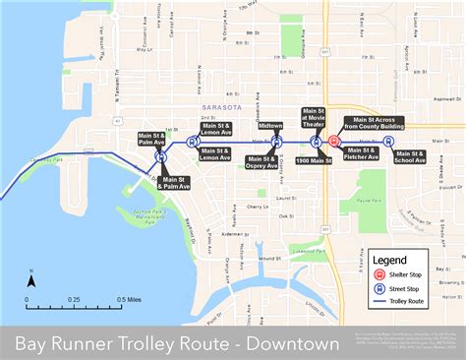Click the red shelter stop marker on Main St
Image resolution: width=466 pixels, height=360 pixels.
point(334,140)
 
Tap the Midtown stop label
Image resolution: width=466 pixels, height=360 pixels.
point(270,126)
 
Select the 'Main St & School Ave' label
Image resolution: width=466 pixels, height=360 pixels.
point(410,155)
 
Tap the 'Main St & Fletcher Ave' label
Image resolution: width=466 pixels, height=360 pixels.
point(360,154)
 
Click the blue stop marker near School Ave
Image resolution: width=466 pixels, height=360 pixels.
point(388,141)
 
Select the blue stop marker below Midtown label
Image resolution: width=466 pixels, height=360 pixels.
point(276,141)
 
